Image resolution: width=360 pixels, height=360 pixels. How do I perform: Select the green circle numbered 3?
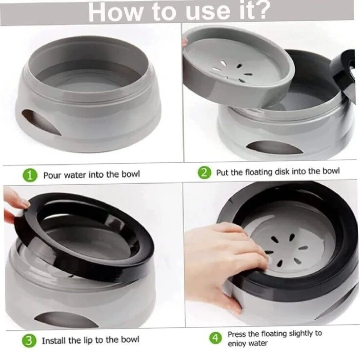point(29,341)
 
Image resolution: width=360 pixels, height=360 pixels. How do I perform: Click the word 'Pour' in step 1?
point(53,175)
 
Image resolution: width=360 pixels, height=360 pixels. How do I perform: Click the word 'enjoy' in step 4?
point(236,344)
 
